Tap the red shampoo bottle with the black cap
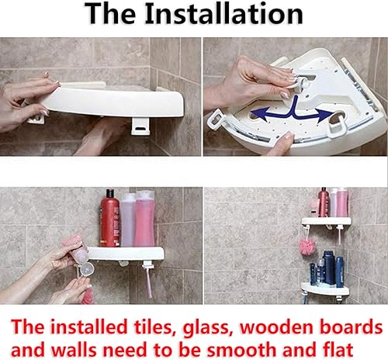pos(110,221)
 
